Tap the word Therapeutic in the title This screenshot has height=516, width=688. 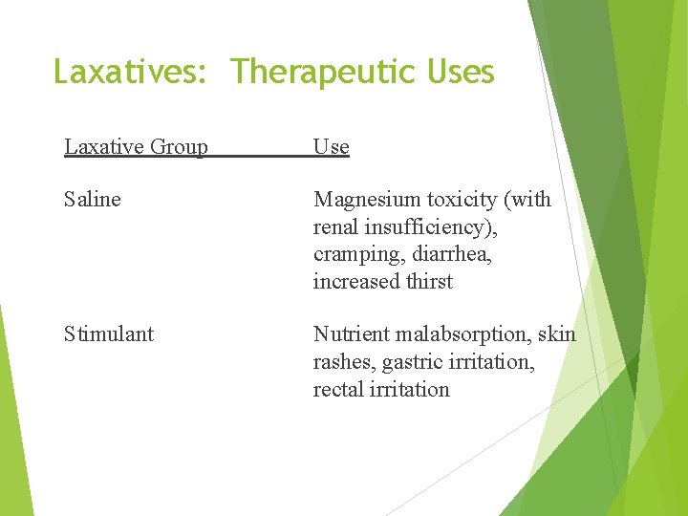[x=323, y=72]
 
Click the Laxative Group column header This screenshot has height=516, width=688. [x=136, y=146]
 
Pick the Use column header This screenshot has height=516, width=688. [x=332, y=146]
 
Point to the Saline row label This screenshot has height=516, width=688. [x=93, y=200]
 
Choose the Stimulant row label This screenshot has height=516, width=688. [x=108, y=334]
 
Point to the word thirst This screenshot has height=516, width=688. [x=428, y=282]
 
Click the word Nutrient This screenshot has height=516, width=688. [x=349, y=334]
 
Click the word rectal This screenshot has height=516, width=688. [x=337, y=390]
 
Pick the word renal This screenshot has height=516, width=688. [x=335, y=227]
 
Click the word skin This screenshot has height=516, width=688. [x=557, y=334]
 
